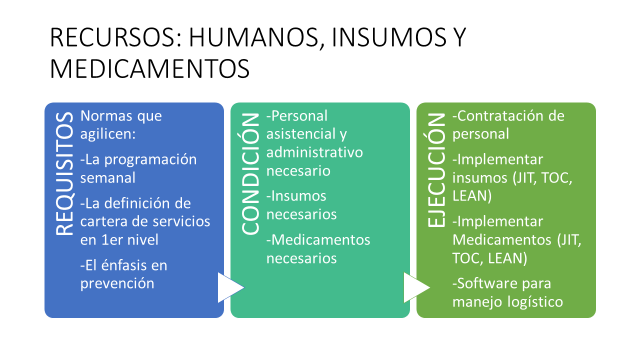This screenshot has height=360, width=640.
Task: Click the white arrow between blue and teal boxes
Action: [231, 288]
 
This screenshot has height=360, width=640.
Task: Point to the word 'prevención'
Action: [118, 283]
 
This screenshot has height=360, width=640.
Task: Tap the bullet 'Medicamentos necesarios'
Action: [318, 249]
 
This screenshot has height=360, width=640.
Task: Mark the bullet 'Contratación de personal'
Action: [509, 124]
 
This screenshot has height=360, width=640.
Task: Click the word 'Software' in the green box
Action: [490, 284]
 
